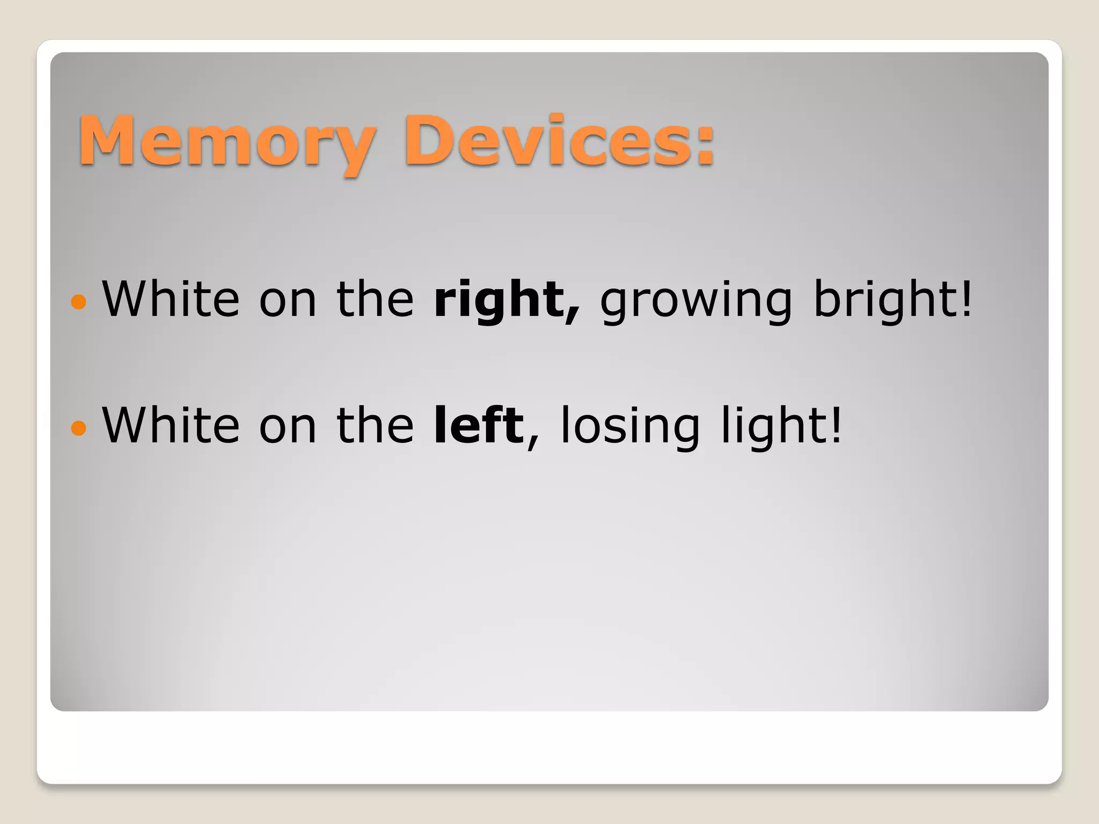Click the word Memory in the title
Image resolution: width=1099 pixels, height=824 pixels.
pyautogui.click(x=225, y=142)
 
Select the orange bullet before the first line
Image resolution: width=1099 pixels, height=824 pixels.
pyautogui.click(x=79, y=301)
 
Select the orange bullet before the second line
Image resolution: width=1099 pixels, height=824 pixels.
pyautogui.click(x=79, y=428)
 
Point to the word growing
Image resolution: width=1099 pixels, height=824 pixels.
pyautogui.click(x=695, y=300)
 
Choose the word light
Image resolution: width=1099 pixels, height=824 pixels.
pyautogui.click(x=773, y=426)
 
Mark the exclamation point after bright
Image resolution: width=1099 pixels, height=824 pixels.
pyautogui.click(x=966, y=298)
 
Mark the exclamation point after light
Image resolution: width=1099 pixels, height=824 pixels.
pyautogui.click(x=836, y=425)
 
